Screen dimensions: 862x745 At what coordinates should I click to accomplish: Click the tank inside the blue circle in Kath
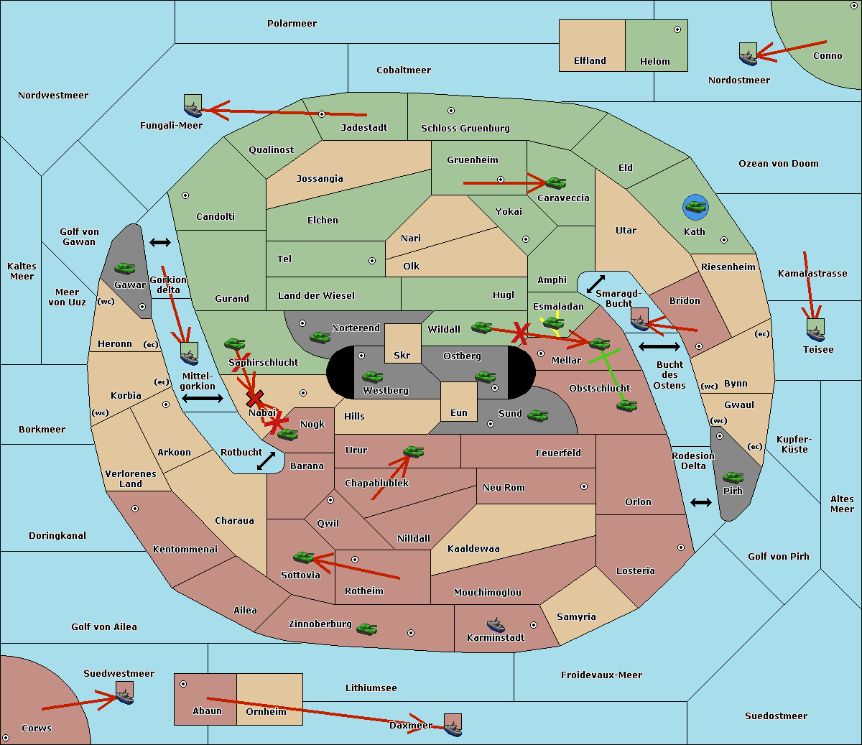tap(696, 206)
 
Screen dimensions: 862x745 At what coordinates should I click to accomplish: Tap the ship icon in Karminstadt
tap(496, 625)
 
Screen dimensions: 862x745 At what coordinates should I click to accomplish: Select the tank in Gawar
tap(125, 268)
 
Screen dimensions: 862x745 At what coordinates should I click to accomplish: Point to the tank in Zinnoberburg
tap(367, 629)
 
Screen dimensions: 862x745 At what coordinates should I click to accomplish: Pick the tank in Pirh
tap(733, 477)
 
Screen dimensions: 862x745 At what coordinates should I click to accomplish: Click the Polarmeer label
tap(292, 24)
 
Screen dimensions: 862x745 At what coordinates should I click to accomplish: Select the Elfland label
tap(590, 61)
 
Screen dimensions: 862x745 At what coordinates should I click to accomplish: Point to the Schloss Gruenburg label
tap(465, 128)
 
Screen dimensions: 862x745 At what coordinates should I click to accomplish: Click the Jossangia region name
tap(320, 179)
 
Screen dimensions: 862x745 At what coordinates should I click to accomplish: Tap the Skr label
tap(402, 355)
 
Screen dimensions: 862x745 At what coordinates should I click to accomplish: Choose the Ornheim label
tap(266, 712)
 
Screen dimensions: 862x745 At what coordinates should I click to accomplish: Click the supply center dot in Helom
tap(677, 29)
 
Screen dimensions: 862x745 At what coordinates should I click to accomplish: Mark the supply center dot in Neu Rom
tap(584, 486)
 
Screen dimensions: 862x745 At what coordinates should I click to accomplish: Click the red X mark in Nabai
tap(254, 398)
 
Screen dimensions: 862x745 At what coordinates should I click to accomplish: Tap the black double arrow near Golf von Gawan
tap(160, 242)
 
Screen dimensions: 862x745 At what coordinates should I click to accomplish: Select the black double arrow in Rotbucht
tap(266, 461)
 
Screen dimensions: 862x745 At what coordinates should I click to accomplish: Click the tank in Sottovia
tap(304, 557)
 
